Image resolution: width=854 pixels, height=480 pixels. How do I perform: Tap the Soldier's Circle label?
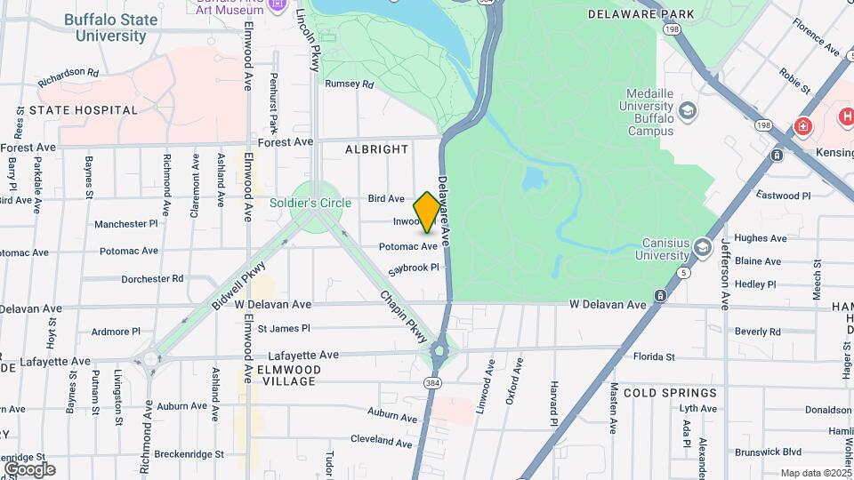tap(310, 203)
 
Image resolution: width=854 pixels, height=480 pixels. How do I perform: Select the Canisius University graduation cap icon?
tap(703, 246)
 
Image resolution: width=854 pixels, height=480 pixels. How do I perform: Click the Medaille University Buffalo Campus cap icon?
tap(686, 111)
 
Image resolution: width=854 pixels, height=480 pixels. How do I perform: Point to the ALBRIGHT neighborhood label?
tap(376, 149)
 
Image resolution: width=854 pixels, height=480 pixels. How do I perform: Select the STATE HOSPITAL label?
tap(84, 110)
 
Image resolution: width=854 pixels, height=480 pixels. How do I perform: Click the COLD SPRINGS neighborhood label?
tap(670, 392)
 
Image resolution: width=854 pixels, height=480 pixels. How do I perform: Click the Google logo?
tap(29, 468)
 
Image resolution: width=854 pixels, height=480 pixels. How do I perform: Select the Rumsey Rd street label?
tap(349, 84)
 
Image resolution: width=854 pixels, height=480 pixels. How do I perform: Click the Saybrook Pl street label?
tap(414, 267)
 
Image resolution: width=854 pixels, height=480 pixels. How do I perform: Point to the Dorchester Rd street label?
tap(152, 278)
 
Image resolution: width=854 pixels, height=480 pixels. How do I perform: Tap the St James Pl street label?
tap(286, 328)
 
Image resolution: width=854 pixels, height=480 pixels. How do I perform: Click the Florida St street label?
tap(654, 357)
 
